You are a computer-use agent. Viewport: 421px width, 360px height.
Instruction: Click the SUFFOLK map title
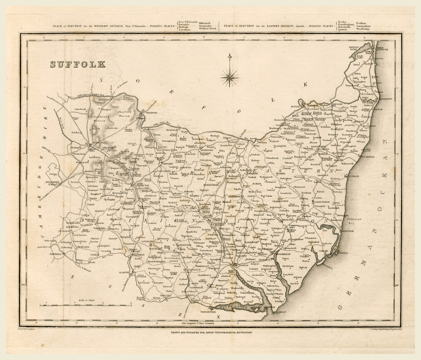78,64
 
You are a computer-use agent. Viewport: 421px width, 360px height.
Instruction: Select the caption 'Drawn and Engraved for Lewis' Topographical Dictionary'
210,332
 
